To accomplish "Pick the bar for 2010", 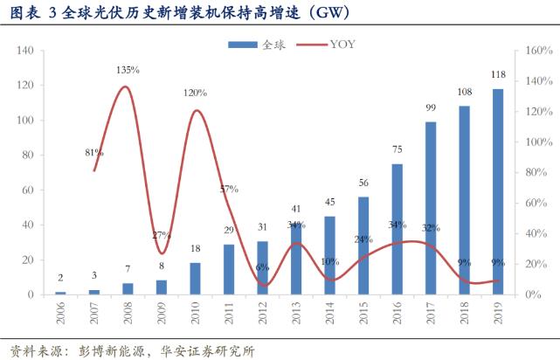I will (x=195, y=279).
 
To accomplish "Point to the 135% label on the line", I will (x=129, y=70).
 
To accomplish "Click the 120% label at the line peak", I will (x=195, y=93).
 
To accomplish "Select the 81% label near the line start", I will (x=95, y=154).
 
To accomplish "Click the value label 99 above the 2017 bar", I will (x=431, y=107).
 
